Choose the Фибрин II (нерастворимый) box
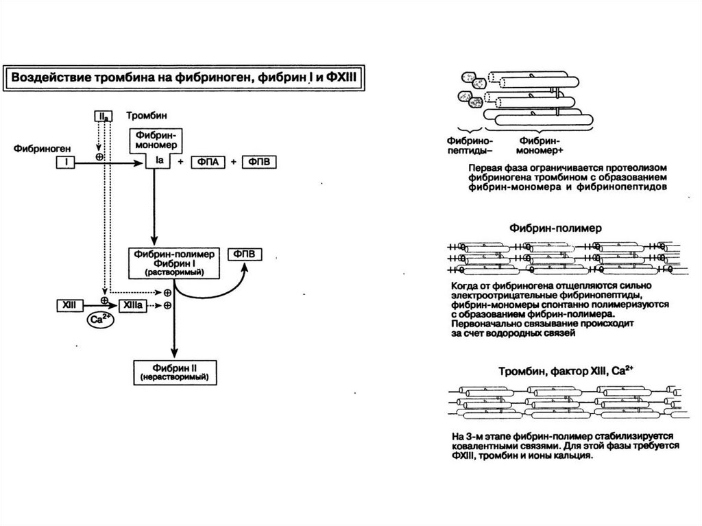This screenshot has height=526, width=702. (173, 372)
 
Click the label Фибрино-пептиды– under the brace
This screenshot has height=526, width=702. (470, 145)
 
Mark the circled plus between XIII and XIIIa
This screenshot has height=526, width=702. (104, 301)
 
